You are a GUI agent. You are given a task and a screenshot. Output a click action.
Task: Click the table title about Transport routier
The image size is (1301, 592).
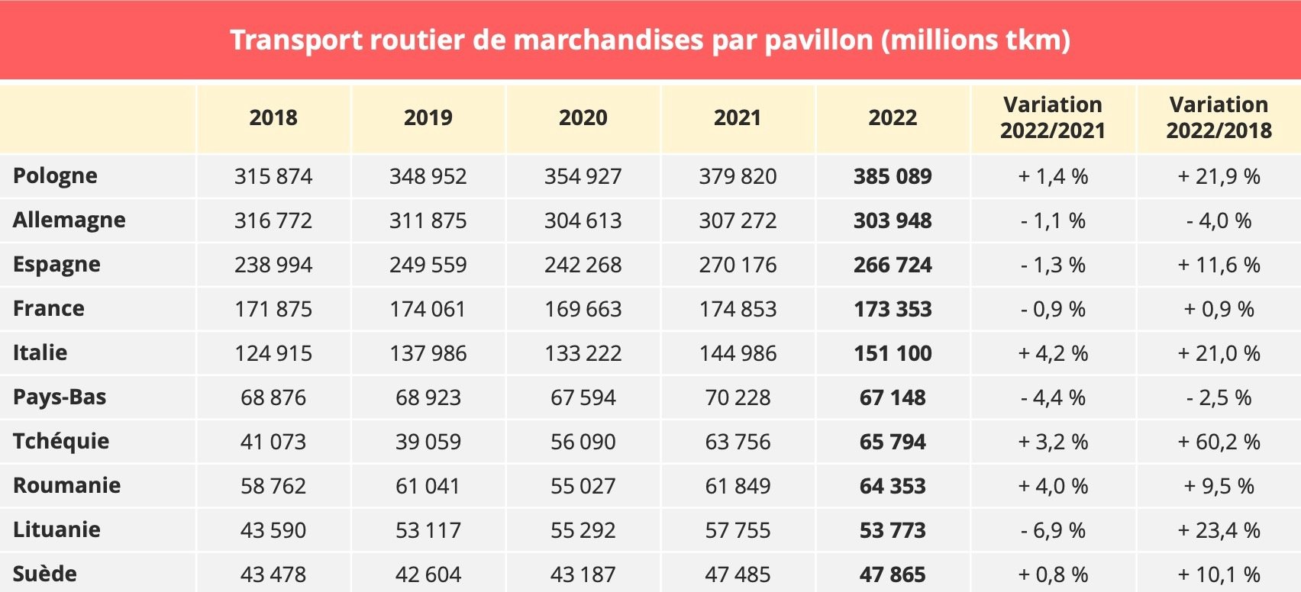point(650,40)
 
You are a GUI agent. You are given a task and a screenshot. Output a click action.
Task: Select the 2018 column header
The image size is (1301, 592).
point(273,117)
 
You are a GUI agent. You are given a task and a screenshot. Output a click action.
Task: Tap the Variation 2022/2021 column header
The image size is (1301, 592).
point(1053,117)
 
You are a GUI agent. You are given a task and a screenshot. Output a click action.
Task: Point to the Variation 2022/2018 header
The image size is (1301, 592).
point(1219,117)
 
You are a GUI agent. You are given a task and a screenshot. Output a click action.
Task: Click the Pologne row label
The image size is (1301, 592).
point(55,175)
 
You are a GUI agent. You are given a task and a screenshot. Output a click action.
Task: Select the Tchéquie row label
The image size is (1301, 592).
point(61,441)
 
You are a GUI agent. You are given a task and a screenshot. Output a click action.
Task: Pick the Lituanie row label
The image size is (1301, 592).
point(56,529)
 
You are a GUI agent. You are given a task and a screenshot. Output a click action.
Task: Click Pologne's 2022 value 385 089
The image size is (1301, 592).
point(893,176)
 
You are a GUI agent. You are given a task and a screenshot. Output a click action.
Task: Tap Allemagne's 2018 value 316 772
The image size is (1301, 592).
point(273,220)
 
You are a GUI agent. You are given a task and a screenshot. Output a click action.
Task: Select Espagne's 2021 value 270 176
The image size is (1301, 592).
point(738,265)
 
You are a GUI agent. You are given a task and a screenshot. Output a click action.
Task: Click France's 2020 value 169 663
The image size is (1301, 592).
point(583,309)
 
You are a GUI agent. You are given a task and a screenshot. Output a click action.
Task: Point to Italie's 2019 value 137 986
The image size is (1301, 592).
point(428,353)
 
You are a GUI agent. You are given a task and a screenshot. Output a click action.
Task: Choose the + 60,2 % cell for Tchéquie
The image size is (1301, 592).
point(1219,442)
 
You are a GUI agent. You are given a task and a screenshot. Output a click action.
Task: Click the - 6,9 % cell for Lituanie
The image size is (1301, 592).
point(1053,530)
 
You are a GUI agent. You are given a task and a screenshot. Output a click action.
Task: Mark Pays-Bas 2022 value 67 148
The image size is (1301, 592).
point(893,397)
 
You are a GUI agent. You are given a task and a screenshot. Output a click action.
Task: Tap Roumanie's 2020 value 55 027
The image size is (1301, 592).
point(583,486)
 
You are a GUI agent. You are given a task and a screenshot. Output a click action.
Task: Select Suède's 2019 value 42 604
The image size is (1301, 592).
point(428,574)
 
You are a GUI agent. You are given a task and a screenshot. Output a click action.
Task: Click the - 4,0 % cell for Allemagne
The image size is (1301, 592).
point(1219,220)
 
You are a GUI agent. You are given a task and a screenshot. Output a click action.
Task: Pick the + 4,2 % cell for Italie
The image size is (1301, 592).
point(1053,353)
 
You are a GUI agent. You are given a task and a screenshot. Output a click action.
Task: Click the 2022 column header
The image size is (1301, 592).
point(893,117)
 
